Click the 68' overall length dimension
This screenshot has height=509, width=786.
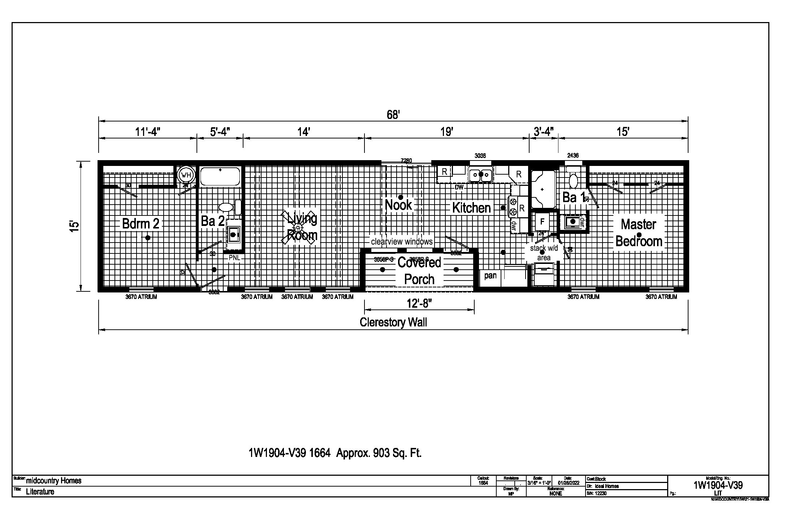tap(393, 115)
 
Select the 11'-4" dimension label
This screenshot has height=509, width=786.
tap(147, 132)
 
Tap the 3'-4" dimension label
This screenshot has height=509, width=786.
tap(544, 132)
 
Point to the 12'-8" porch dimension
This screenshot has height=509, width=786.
tap(419, 303)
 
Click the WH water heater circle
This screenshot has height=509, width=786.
tap(186, 175)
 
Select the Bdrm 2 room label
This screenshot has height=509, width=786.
tap(141, 224)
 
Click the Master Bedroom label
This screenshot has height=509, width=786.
tap(639, 233)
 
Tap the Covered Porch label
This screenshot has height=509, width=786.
tap(419, 270)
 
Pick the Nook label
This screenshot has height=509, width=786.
tap(398, 205)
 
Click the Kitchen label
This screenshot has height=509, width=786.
tap(471, 208)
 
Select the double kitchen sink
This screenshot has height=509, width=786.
tap(481, 175)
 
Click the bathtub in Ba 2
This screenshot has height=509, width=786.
tap(220, 176)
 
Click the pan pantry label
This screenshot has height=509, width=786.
tap(490, 276)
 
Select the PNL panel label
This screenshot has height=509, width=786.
tap(234, 258)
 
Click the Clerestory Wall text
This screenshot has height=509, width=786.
tap(393, 322)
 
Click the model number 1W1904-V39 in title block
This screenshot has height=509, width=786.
tap(718, 485)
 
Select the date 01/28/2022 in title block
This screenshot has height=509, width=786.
tap(568, 483)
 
